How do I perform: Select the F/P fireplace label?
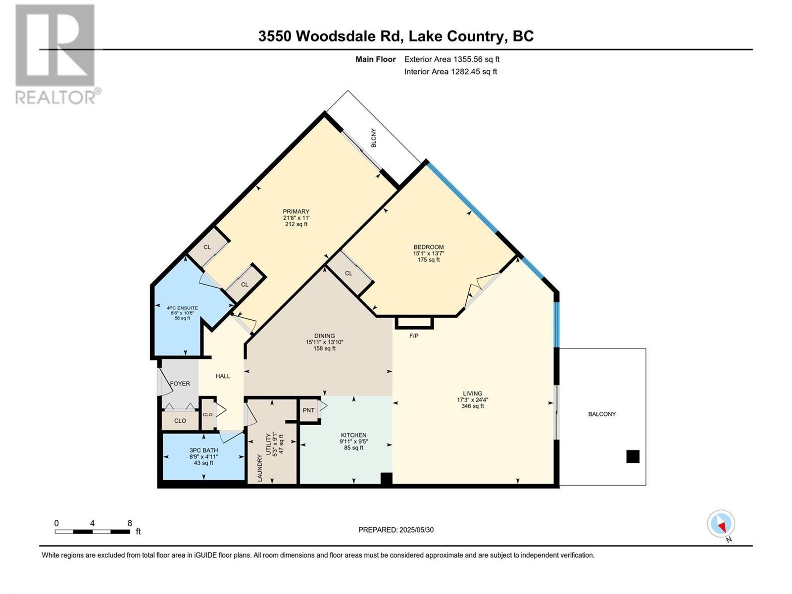(x=414, y=336)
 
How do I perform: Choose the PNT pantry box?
(x=309, y=410)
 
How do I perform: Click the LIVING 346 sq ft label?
(x=472, y=399)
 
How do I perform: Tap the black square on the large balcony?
(x=633, y=456)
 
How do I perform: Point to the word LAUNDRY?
(x=259, y=468)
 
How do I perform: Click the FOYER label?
(x=180, y=384)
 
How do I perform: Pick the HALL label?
(x=223, y=376)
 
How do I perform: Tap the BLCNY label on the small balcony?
(x=374, y=138)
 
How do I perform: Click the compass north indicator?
(x=721, y=524)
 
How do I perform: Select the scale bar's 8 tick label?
(x=130, y=523)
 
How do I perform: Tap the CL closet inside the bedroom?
(x=348, y=273)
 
